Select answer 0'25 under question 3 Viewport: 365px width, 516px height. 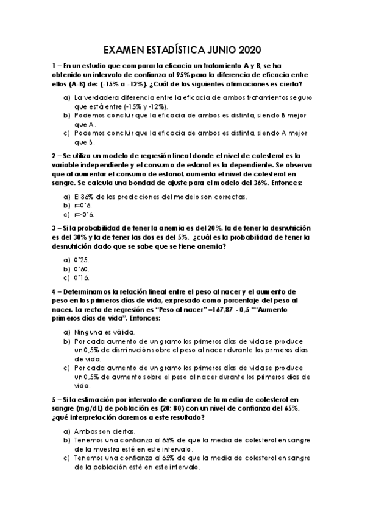pyautogui.click(x=82, y=259)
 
